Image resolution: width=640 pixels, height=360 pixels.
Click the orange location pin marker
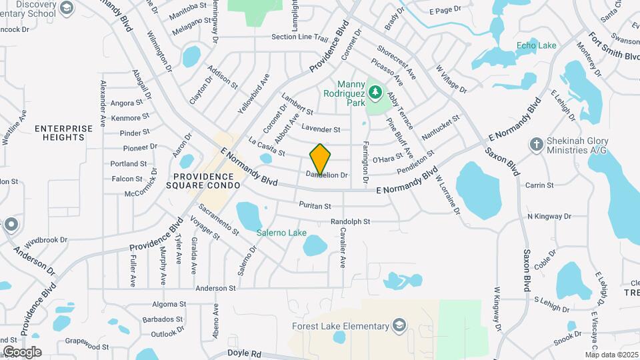[x=320, y=159]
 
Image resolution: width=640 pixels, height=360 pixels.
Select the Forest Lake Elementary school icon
[x=399, y=326]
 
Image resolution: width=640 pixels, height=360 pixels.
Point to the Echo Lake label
[x=536, y=45]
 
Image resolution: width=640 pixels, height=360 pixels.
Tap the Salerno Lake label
[x=281, y=233]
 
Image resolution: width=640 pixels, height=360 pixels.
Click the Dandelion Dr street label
[x=327, y=175]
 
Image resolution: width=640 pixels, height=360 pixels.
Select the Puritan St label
[x=315, y=205]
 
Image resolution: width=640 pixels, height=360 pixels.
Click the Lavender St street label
[x=321, y=129]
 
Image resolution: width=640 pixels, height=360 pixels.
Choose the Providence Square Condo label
[x=202, y=181]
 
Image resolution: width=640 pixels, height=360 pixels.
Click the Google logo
[x=22, y=351]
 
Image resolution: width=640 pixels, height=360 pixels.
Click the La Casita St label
[x=267, y=147]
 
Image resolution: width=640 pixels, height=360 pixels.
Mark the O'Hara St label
[x=387, y=158]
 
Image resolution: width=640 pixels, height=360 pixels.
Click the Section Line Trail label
[x=300, y=37]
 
